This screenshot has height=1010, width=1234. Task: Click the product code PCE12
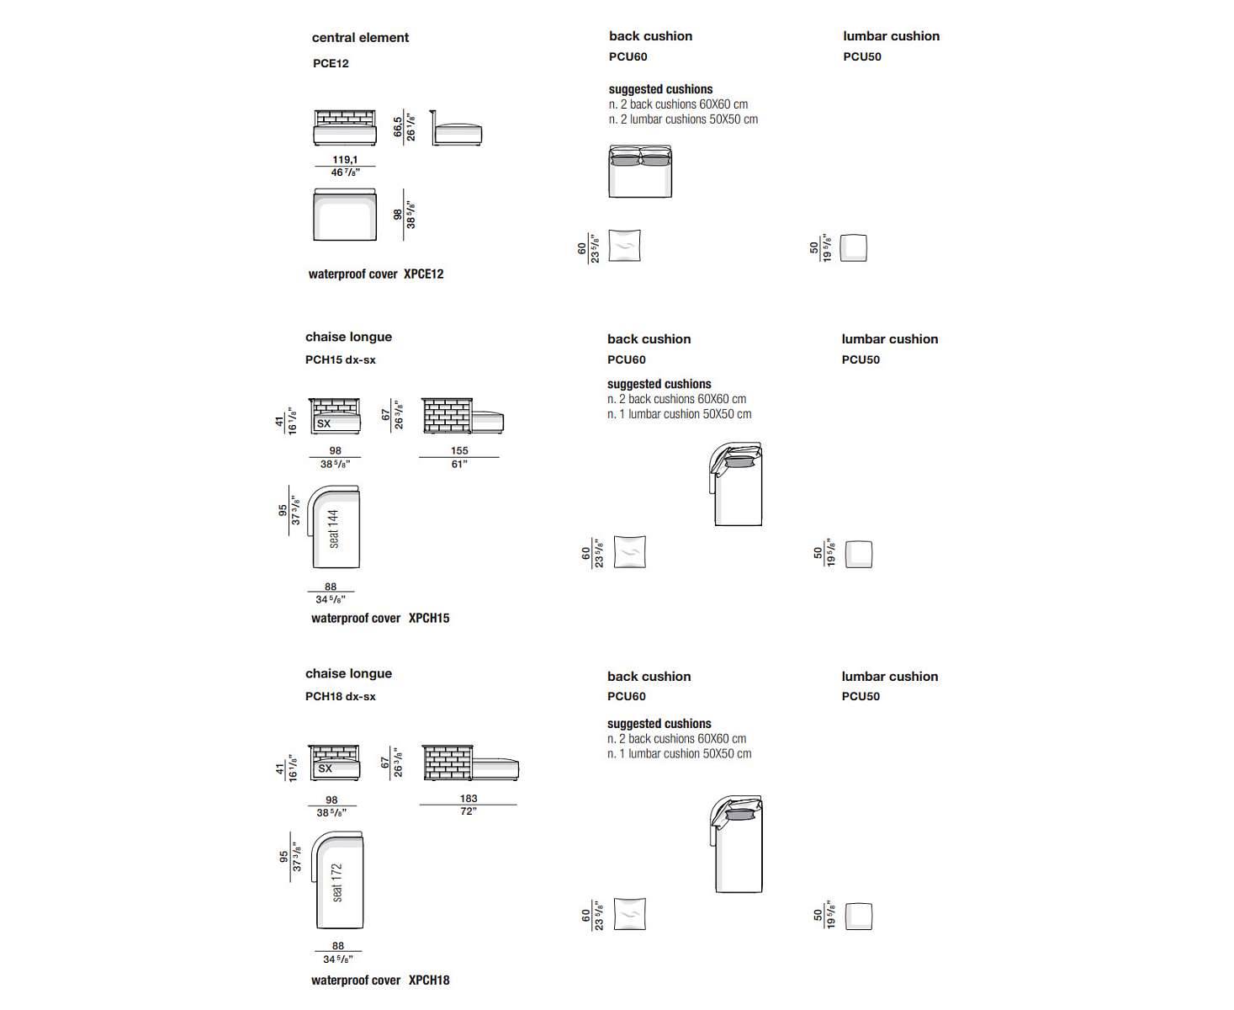(331, 63)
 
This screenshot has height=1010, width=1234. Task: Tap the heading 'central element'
(360, 38)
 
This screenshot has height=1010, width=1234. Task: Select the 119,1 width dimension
(345, 159)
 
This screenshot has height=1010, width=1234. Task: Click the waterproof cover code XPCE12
(423, 274)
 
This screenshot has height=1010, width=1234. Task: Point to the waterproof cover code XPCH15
(429, 618)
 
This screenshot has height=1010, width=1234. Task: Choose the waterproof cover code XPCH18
(429, 980)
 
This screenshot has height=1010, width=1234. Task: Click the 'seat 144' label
(334, 529)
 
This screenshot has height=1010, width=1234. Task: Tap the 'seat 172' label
(336, 882)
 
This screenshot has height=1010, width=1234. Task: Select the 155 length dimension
(459, 450)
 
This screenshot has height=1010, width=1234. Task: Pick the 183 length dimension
(469, 798)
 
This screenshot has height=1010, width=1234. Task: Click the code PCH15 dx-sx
(340, 359)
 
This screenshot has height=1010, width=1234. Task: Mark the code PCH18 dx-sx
(340, 696)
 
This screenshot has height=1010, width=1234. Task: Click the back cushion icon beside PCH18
(629, 915)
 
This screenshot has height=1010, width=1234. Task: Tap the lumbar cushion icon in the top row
(854, 247)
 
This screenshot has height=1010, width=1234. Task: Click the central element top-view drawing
(344, 215)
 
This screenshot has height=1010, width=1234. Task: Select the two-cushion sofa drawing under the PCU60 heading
(640, 172)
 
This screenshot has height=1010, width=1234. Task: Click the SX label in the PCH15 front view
(324, 423)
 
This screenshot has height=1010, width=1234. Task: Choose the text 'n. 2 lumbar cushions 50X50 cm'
(683, 120)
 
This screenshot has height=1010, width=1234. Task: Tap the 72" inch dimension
(469, 811)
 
